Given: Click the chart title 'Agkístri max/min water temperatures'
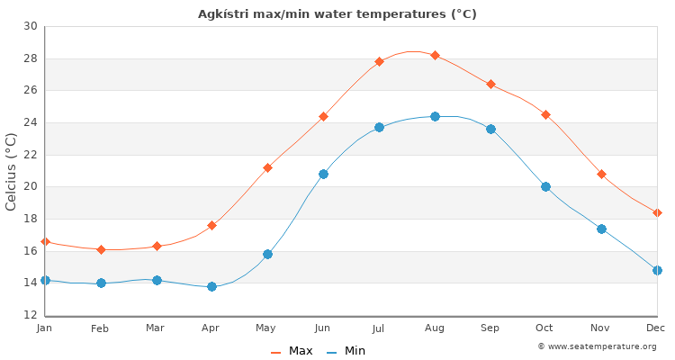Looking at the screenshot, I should pyautogui.click(x=337, y=14).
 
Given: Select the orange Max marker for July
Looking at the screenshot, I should pyautogui.click(x=379, y=62).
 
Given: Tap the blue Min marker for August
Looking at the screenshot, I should pyautogui.click(x=435, y=116).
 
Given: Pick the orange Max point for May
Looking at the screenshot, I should pyautogui.click(x=267, y=167).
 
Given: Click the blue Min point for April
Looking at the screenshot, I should pyautogui.click(x=211, y=286).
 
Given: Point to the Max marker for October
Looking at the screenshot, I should pyautogui.click(x=545, y=115).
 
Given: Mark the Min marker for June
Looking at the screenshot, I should pyautogui.click(x=323, y=174).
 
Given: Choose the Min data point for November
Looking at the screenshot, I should pyautogui.click(x=601, y=229).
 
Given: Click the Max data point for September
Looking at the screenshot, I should pyautogui.click(x=490, y=85).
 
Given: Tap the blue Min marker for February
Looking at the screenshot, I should pyautogui.click(x=101, y=283).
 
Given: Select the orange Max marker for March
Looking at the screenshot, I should pyautogui.click(x=157, y=246).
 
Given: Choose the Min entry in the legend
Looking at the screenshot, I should pyautogui.click(x=346, y=351).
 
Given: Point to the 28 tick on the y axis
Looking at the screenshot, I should pyautogui.click(x=31, y=58).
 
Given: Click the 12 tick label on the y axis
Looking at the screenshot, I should pyautogui.click(x=31, y=315).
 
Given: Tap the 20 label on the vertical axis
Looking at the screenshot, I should pyautogui.click(x=31, y=186).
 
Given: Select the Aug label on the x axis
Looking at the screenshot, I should pyautogui.click(x=435, y=328).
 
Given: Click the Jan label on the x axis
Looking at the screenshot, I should pyautogui.click(x=45, y=328).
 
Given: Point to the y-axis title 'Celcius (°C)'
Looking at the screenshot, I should pyautogui.click(x=12, y=171).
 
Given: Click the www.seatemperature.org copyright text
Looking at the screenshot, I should pyautogui.click(x=597, y=346).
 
